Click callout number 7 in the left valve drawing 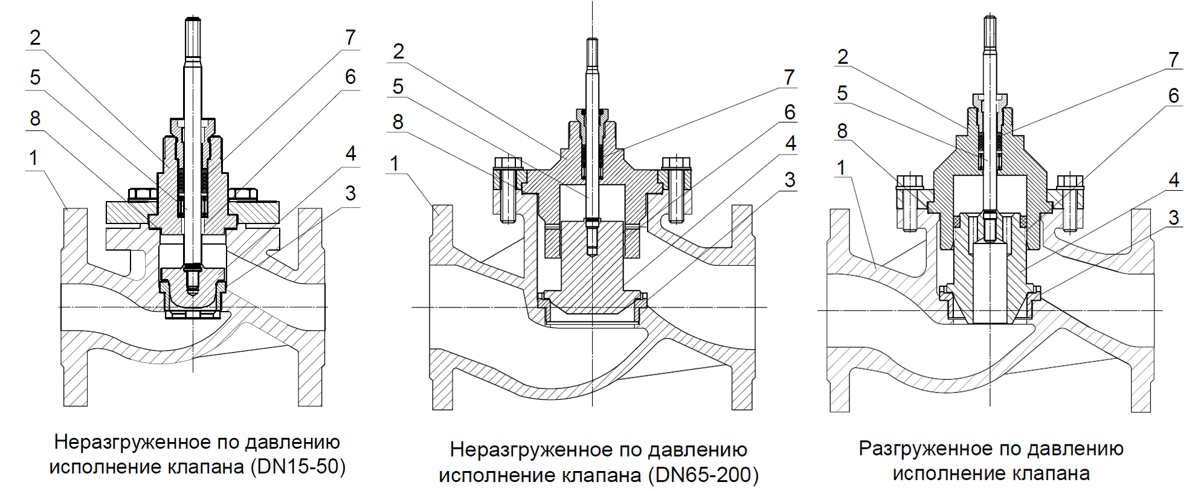click(350, 37)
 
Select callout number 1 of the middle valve click(395, 163)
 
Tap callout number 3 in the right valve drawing click(1174, 217)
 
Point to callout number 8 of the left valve click(35, 118)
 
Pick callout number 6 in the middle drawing click(790, 112)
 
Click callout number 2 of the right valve click(843, 57)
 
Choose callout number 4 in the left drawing click(350, 153)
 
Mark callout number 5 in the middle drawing click(398, 86)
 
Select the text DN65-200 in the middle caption click(703, 475)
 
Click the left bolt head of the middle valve click(507, 163)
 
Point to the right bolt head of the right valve click(1070, 181)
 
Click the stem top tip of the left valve click(193, 21)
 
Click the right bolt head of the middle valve click(675, 163)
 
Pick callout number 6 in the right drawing click(1173, 95)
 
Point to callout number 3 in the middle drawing click(790, 179)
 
